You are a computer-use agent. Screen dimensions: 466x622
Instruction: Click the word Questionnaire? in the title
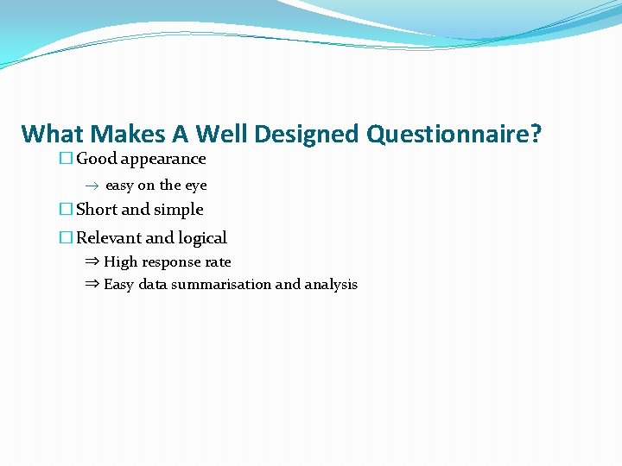(x=454, y=135)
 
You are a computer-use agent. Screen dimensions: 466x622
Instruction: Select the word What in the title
(x=52, y=135)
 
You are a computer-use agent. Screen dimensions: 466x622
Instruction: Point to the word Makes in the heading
(x=128, y=135)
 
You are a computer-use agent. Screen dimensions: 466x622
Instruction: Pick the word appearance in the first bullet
(x=163, y=160)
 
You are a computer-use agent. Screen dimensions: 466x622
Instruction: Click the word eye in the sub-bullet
(x=196, y=186)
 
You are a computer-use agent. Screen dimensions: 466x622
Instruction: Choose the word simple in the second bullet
(x=179, y=210)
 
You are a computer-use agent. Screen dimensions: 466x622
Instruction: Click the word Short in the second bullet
(x=97, y=210)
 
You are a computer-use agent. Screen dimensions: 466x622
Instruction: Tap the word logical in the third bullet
(x=202, y=238)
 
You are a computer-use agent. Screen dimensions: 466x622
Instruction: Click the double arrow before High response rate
(x=92, y=261)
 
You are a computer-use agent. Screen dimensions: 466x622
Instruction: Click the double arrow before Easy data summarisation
(x=92, y=284)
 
